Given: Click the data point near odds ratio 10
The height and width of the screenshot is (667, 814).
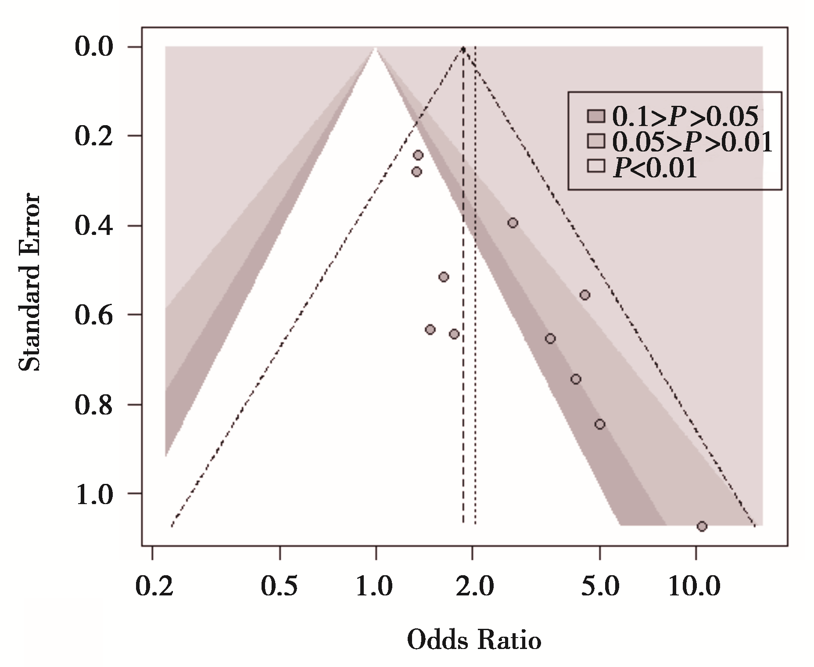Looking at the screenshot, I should (702, 526).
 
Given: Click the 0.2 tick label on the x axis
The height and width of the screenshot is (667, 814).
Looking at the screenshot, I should (154, 587).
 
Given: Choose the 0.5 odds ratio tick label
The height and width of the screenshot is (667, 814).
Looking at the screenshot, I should (280, 587).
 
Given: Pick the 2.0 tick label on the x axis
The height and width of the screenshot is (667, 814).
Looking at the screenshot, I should (474, 587).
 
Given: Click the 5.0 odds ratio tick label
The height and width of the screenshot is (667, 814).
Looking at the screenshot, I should (601, 587).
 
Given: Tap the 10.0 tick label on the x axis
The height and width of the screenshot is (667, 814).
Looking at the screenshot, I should (694, 587).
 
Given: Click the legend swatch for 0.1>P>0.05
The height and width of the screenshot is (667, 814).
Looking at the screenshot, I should (595, 116).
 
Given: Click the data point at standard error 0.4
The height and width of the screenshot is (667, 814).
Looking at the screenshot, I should (513, 223).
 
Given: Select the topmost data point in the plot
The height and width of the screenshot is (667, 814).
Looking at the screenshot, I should (418, 155).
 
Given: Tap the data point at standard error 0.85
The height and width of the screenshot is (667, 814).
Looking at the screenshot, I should (600, 424).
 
